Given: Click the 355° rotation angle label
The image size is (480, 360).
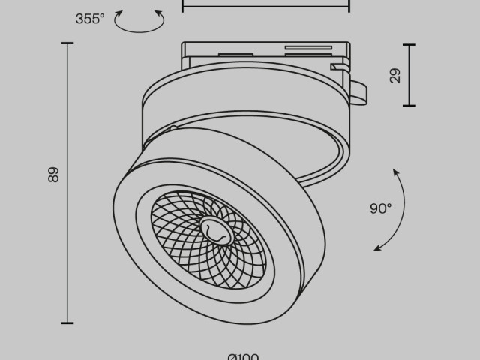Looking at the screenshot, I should tap(90, 19).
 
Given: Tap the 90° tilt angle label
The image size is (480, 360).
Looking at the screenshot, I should tap(380, 209).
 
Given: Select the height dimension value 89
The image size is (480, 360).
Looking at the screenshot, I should tap(52, 175).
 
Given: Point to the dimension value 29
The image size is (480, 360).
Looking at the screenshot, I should tap(395, 75).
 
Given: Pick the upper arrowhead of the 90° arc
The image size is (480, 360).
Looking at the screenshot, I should tap(396, 173).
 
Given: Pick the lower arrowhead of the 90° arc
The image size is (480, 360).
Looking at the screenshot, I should tap(377, 247).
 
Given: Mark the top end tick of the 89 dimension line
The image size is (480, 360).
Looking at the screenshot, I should tap(67, 43).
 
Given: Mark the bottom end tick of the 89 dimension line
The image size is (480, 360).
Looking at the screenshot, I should tap(67, 323).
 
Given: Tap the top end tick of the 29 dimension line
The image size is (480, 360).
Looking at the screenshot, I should tap(409, 44).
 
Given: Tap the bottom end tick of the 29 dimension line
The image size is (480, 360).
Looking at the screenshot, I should tap(409, 106).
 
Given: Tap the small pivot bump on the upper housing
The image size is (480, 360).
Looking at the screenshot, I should tap(173, 128).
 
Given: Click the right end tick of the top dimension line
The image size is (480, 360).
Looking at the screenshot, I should tap(349, 6).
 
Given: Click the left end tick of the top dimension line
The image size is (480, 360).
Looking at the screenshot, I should tap(183, 6).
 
